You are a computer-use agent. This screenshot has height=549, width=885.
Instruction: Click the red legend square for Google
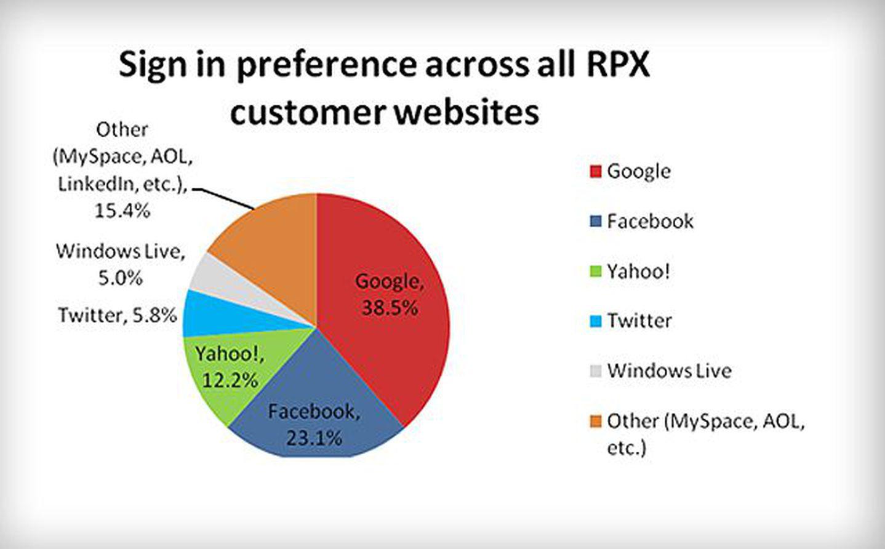(595, 172)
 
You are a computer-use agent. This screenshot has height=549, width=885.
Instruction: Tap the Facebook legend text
(650, 222)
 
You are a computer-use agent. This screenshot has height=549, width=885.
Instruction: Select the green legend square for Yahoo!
(595, 271)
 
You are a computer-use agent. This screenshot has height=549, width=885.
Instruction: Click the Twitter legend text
(639, 321)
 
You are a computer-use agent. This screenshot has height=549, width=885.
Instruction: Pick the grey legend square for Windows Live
(595, 371)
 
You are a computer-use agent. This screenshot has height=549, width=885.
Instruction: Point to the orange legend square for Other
(595, 422)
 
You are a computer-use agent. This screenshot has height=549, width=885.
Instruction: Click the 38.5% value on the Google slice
(390, 308)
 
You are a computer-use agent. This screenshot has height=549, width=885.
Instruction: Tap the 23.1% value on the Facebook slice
(314, 438)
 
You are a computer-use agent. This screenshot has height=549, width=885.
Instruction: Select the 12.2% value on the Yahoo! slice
(230, 380)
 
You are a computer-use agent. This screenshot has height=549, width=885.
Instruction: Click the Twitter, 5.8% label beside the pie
(118, 315)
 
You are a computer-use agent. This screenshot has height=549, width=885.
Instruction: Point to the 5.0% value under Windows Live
(120, 279)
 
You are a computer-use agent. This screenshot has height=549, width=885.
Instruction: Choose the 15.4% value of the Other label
(122, 212)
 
